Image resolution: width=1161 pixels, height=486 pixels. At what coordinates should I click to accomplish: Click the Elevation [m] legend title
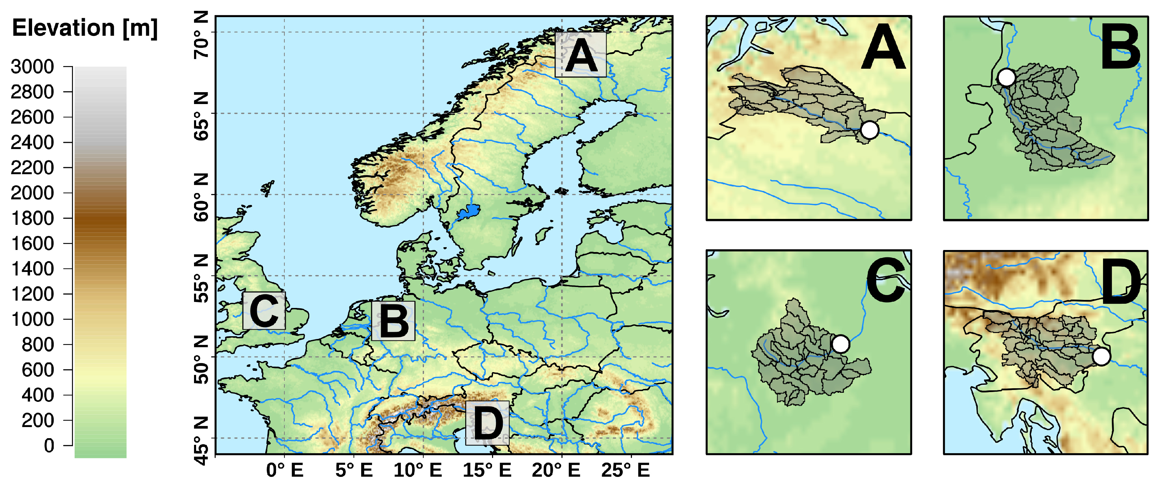coord(85,28)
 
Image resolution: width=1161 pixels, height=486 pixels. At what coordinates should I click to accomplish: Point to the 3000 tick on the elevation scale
coord(32,67)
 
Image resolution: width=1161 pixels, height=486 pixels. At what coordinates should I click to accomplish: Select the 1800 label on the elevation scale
coord(32,218)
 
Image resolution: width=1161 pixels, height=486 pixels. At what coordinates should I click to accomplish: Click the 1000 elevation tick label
coord(32,319)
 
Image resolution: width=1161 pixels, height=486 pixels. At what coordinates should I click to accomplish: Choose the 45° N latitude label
coord(201,441)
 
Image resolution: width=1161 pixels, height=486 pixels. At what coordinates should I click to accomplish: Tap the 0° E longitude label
coord(284,470)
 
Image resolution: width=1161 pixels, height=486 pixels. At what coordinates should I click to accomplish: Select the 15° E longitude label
coord(487,470)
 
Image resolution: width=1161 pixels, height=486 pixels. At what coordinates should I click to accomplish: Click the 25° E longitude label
coord(626,470)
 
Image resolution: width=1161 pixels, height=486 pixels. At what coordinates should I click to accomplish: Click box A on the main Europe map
coord(581,54)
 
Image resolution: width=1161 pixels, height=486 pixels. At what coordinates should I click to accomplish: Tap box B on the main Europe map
coord(393,321)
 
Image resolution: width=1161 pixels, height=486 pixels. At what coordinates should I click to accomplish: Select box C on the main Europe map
coord(264,311)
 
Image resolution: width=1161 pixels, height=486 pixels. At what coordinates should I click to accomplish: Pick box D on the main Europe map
coord(487,423)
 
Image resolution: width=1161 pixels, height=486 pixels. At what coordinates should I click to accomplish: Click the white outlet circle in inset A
coord(869,130)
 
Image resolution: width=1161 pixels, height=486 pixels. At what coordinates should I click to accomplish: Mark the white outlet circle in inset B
coord(1006,78)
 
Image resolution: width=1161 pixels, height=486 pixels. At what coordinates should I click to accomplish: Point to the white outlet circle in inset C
coord(841,344)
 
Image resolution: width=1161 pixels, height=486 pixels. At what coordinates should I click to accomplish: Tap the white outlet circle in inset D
coord(1101,356)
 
